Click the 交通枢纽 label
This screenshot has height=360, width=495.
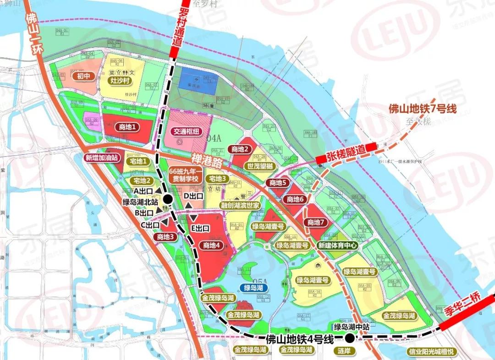[187, 131]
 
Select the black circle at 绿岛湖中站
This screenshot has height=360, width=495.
[350, 338]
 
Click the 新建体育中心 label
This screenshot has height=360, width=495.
[338, 245]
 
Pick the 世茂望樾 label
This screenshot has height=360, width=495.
[260, 166]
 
